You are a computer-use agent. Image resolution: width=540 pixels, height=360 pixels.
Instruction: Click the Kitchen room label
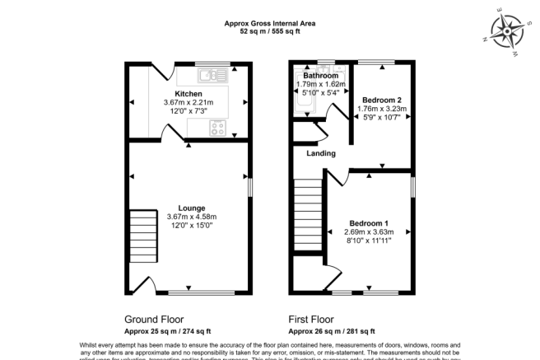click(x=188, y=94)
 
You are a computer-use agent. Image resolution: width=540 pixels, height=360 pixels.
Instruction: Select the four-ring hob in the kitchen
click(x=218, y=127)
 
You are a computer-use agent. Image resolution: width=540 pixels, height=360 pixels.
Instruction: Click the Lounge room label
click(x=191, y=208)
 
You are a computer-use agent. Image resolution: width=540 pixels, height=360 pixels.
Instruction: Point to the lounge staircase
click(x=142, y=236)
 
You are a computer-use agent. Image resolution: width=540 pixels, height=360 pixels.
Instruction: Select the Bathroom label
click(x=321, y=76)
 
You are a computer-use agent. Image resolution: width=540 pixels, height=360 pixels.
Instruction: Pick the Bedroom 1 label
click(x=368, y=223)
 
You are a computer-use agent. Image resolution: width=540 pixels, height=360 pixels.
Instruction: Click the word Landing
click(x=320, y=153)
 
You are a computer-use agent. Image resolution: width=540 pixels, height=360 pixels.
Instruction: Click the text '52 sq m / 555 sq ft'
click(x=269, y=31)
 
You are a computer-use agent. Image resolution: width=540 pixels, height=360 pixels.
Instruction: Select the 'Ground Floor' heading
click(x=154, y=319)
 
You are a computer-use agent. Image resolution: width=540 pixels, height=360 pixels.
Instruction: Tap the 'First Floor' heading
click(x=310, y=319)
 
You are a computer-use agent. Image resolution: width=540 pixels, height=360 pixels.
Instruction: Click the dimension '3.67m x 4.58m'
click(x=191, y=216)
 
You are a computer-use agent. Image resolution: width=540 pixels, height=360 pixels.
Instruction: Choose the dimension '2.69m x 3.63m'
click(x=368, y=232)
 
